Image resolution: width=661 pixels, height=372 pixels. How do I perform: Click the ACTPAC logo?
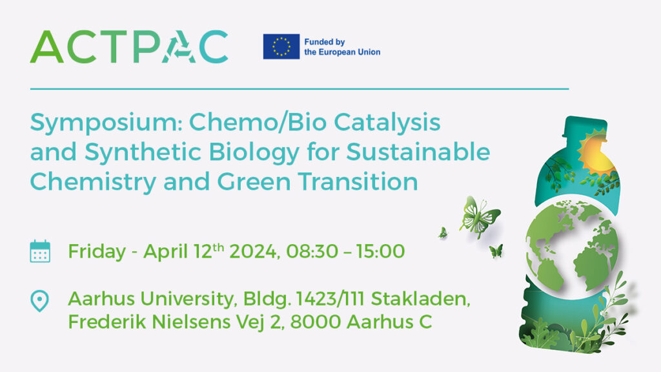(129, 46)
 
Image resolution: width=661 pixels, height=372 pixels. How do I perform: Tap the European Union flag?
(281, 46)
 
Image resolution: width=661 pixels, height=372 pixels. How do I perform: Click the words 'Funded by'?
(325, 42)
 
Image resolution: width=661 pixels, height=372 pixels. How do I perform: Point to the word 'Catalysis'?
(387, 123)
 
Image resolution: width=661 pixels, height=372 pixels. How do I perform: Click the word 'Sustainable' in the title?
(418, 152)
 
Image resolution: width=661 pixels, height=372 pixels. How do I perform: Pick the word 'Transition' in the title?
(358, 181)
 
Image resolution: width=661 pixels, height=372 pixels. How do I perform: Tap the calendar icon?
(40, 251)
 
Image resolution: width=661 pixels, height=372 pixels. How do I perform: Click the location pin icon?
(39, 301)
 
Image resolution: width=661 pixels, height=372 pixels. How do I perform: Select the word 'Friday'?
(97, 251)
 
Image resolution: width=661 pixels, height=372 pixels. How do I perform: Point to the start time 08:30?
(312, 252)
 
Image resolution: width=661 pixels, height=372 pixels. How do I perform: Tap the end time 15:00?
(380, 252)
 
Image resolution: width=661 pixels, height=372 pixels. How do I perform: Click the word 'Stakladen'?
(420, 299)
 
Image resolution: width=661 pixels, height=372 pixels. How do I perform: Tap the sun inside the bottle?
(597, 152)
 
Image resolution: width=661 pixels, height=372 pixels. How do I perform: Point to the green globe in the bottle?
(572, 247)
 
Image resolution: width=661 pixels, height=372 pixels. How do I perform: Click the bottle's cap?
(585, 126)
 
